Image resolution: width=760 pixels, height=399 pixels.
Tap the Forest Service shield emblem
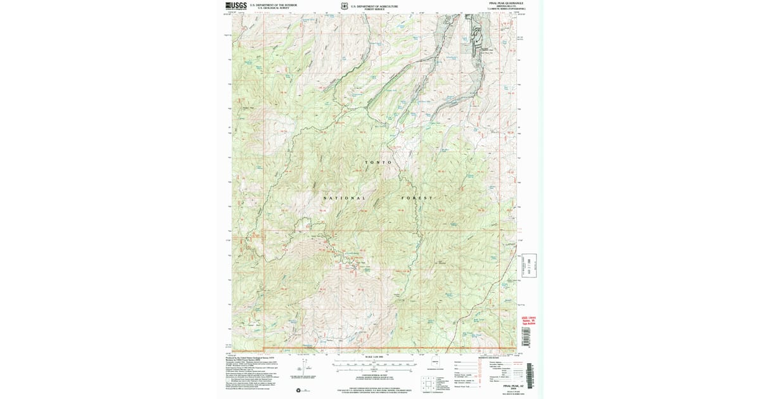pos(344,7)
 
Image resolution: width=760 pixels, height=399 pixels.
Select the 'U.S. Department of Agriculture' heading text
pos(379,6)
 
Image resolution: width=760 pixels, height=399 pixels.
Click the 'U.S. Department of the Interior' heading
pos(273,5)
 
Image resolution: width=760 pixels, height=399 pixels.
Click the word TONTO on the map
pos(380,163)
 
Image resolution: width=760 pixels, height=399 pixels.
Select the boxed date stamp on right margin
pos(530,264)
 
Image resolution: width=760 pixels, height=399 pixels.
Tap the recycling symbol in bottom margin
pos(298,390)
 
